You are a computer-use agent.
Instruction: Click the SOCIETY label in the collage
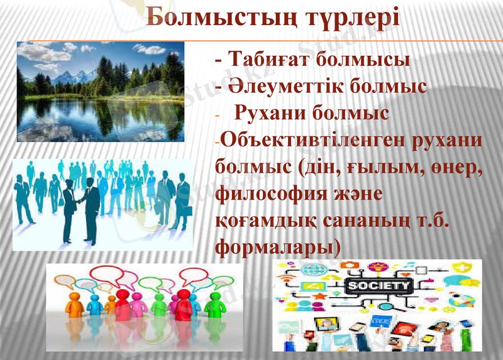[379, 286]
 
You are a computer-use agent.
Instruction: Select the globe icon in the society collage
[311, 270]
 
